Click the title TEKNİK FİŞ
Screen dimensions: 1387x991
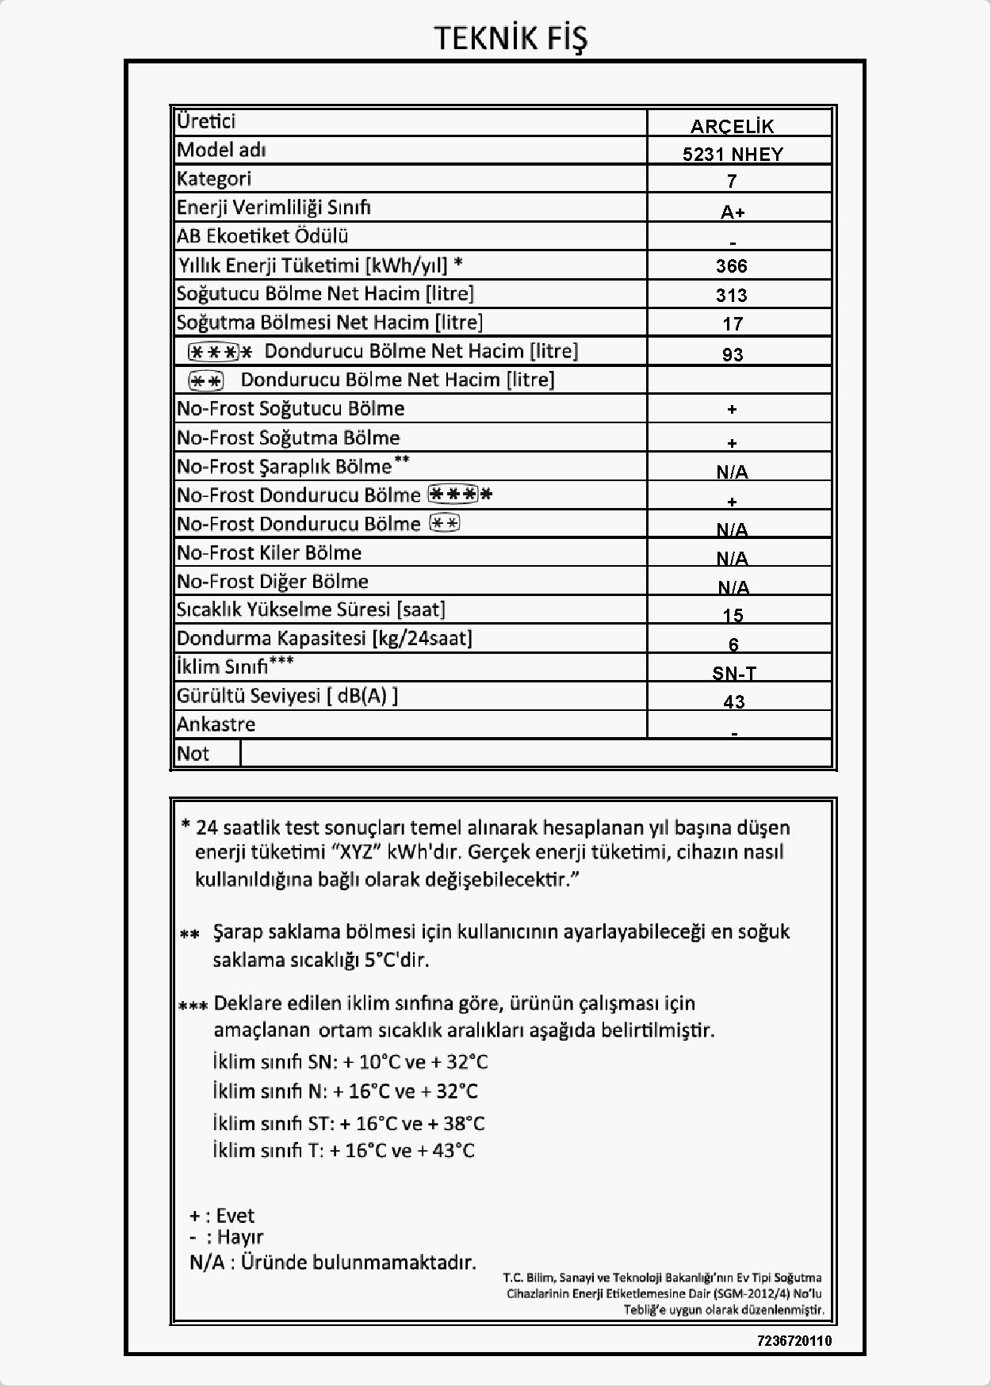point(511,38)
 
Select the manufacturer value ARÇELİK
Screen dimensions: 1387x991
point(732,126)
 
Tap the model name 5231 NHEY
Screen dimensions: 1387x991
point(733,155)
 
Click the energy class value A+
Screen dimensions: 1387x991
point(733,212)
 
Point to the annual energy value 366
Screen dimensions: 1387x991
point(732,266)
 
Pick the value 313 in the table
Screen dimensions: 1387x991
point(732,296)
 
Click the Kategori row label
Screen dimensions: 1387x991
point(214,179)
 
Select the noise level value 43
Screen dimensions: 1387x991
point(734,701)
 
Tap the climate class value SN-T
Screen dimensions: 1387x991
point(734,673)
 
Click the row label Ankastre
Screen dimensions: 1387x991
point(216,724)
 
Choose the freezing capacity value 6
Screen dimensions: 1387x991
point(733,644)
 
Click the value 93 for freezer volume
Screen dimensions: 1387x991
point(733,354)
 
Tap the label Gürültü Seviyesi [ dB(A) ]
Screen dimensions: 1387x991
point(287,696)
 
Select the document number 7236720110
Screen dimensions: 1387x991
point(794,1341)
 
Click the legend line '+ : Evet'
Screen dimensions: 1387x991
point(222,1216)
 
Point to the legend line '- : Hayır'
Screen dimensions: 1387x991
point(227,1237)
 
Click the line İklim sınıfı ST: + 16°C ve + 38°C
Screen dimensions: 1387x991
point(349,1123)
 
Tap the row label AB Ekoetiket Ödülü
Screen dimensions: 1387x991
point(262,236)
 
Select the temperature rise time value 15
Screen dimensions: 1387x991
point(733,616)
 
